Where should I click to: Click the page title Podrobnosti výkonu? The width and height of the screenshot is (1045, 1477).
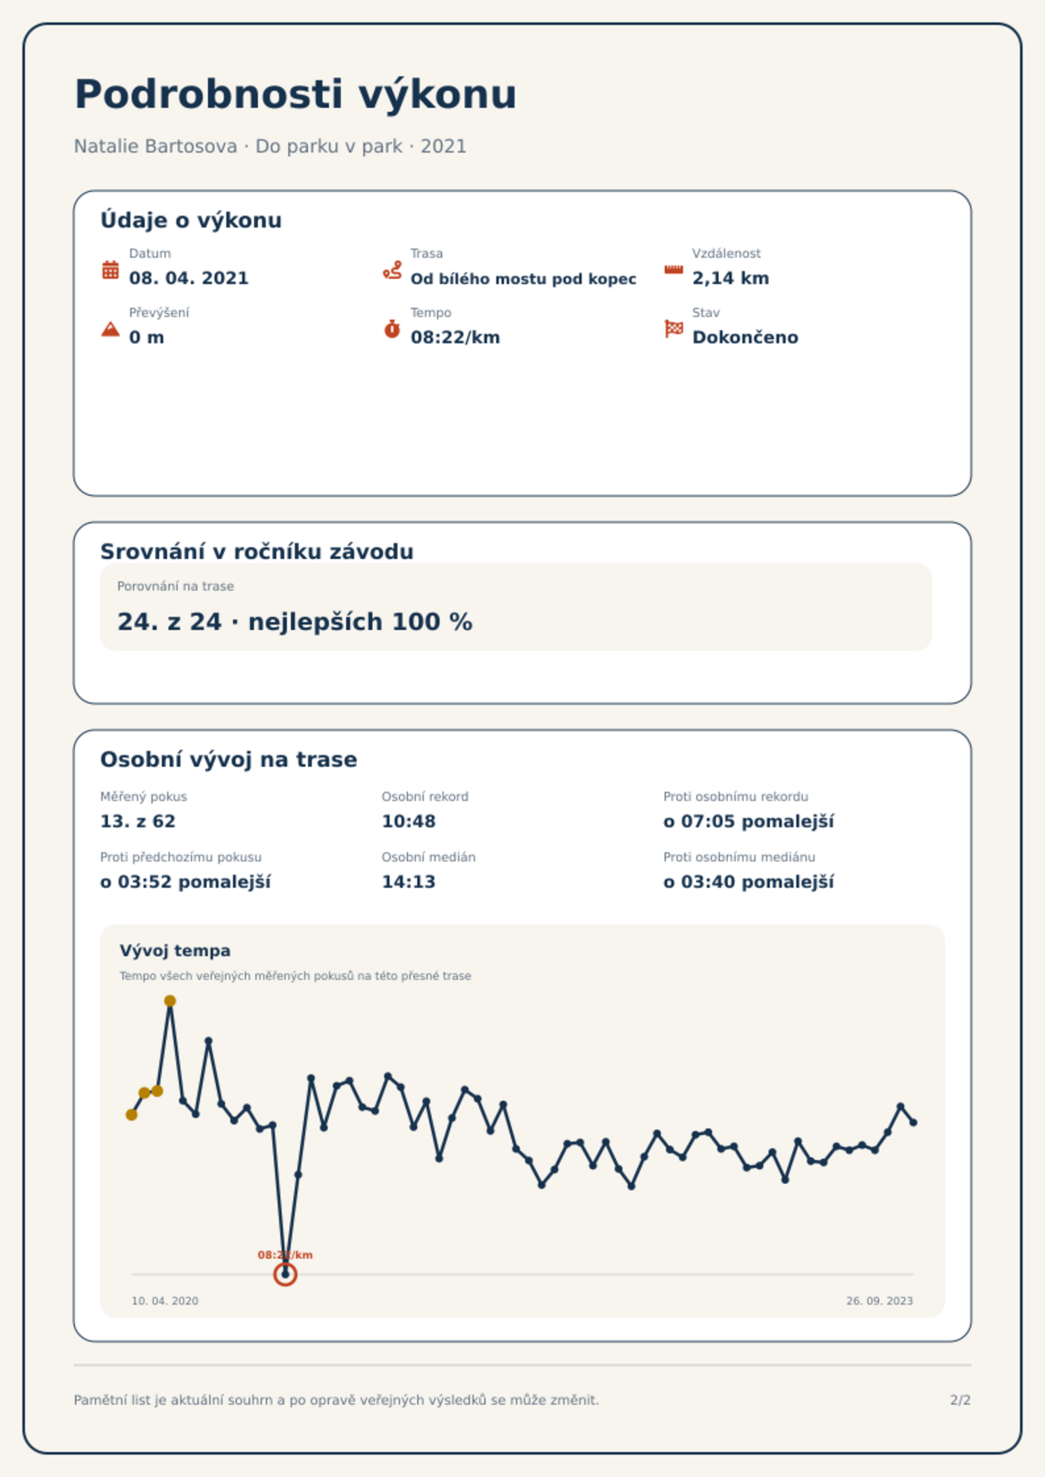tap(295, 95)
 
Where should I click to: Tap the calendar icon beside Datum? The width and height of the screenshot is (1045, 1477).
tap(111, 270)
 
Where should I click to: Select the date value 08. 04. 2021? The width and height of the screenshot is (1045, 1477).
tap(189, 278)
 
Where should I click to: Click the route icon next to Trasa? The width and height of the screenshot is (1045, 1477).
tap(392, 270)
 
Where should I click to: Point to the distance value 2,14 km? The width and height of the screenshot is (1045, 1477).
tap(730, 278)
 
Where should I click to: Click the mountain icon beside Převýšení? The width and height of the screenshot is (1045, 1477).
tap(111, 329)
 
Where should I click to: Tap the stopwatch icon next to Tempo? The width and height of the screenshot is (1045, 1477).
tap(392, 329)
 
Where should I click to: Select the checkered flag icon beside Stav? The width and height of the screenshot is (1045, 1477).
tap(674, 328)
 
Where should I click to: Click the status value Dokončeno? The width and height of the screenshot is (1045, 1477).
tap(745, 337)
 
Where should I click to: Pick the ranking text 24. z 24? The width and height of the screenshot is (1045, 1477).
tap(170, 621)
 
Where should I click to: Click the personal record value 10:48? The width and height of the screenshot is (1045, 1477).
tap(409, 821)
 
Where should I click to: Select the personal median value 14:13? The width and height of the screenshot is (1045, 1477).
tap(409, 882)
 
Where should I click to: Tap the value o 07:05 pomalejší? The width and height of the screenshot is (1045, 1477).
tap(748, 821)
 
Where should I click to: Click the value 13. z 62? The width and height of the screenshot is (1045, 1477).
tap(138, 821)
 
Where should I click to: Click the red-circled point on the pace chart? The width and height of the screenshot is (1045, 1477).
tap(285, 1274)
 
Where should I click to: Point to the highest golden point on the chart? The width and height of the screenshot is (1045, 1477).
tap(170, 1001)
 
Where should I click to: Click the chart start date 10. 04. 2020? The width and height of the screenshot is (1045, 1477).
tap(165, 1301)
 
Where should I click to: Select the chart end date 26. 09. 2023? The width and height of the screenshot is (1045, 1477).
tap(879, 1301)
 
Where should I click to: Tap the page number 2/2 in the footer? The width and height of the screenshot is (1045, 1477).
tap(960, 1400)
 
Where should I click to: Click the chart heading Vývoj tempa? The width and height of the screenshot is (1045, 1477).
tap(175, 951)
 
